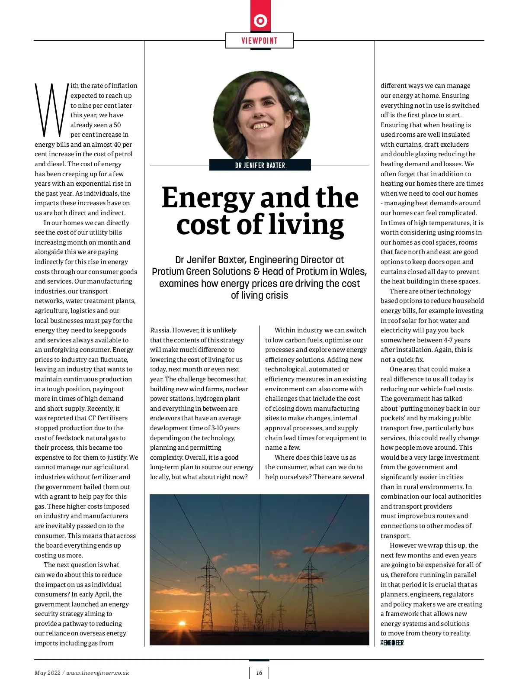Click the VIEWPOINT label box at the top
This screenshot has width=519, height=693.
(259, 41)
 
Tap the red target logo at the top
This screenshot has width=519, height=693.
(260, 20)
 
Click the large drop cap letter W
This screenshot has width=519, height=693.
(51, 109)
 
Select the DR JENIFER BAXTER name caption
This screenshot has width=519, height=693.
(260, 165)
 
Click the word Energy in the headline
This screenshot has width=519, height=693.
(207, 198)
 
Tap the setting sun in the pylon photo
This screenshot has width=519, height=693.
(182, 624)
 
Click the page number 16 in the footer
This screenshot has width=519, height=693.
(259, 673)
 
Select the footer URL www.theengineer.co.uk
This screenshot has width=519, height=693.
(97, 673)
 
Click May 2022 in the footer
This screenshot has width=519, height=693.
(48, 673)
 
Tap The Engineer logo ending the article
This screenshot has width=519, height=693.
(392, 643)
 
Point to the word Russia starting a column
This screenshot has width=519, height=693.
(160, 330)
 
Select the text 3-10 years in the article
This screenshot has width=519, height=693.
(225, 428)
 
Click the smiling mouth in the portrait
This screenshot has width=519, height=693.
(261, 126)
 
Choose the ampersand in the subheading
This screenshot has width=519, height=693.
(256, 272)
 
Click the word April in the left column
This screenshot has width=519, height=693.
(101, 594)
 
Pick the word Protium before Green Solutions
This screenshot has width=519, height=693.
(168, 272)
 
